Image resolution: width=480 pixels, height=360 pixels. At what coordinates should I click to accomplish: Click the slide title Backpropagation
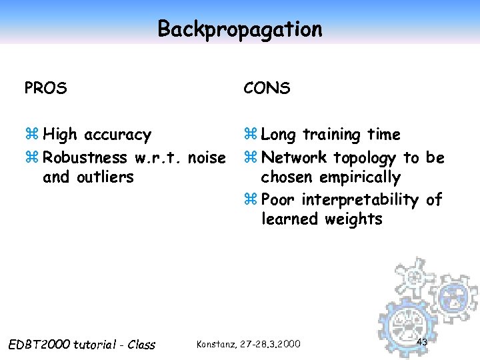(x=239, y=29)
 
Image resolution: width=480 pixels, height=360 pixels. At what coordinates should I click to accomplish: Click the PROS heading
(x=45, y=88)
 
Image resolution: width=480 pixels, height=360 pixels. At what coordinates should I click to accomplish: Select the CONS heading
(x=267, y=88)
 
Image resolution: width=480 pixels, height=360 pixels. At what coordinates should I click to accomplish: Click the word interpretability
(x=361, y=200)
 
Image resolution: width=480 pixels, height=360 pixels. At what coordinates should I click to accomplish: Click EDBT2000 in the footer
(x=39, y=345)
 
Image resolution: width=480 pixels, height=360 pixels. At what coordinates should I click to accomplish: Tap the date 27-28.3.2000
(x=271, y=344)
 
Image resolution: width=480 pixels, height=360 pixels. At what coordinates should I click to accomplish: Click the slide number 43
(x=421, y=342)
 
